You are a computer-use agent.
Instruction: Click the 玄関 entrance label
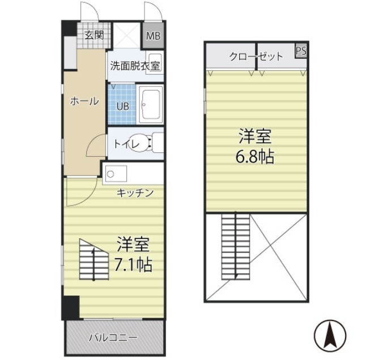(95, 35)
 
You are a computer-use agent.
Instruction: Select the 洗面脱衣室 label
(135, 66)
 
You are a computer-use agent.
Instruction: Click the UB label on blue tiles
(122, 106)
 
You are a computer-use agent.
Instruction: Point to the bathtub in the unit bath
(151, 104)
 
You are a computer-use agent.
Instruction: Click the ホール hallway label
(84, 101)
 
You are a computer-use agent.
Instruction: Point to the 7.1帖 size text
(134, 263)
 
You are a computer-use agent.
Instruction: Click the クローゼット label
(256, 56)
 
